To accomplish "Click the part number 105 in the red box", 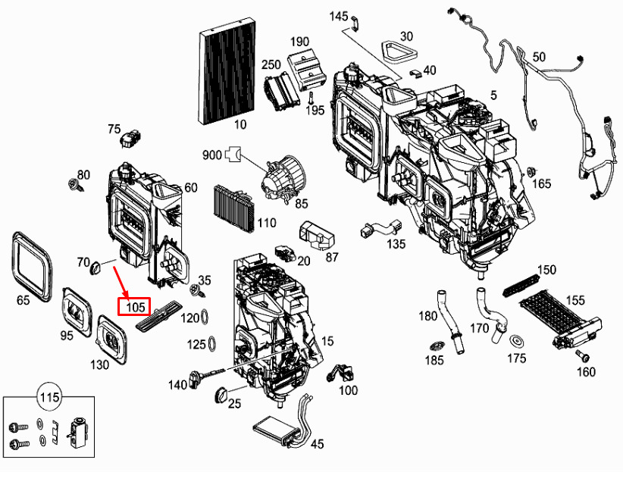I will coord(135,307).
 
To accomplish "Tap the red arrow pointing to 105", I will coord(121,280).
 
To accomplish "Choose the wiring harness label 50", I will coord(539,57).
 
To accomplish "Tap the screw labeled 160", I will coord(583,356).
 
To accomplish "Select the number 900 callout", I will coord(211,155).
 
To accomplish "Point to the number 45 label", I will coord(317,444).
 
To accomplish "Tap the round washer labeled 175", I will coord(517,341).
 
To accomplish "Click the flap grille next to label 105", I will coord(160,314).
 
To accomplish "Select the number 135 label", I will coord(396,244).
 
